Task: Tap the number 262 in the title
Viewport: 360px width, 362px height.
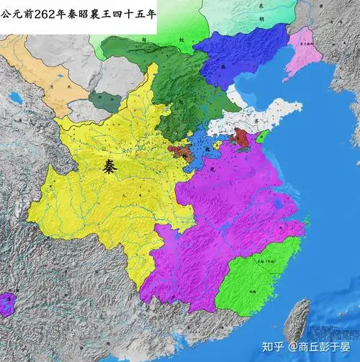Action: pos(45,13)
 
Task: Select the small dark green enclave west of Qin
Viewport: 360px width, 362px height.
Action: pos(105,101)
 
